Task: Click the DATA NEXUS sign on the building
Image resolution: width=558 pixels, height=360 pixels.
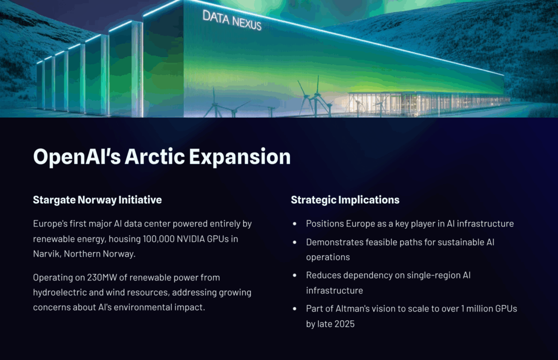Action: [232, 20]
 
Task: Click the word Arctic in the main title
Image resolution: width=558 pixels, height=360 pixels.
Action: [154, 157]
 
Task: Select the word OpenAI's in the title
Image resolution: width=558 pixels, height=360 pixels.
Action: [77, 157]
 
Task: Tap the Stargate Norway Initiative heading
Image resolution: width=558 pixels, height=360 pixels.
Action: [97, 200]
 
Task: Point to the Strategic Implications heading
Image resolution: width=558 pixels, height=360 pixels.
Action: [345, 200]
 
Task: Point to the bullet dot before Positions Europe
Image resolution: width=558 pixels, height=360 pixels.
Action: [295, 224]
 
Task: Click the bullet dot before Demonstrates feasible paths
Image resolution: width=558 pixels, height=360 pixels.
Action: [295, 242]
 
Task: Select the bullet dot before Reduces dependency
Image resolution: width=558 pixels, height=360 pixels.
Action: [295, 276]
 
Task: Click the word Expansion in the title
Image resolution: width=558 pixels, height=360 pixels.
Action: [240, 157]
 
